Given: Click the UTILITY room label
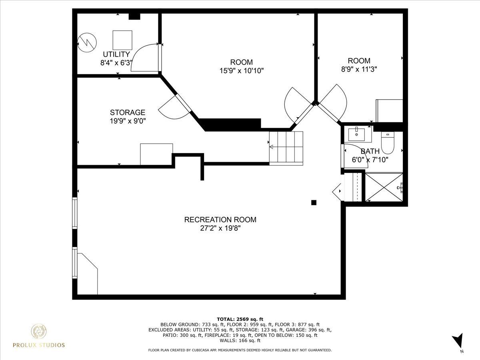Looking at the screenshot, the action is (x=116, y=54).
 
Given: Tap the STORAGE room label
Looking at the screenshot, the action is (x=128, y=112).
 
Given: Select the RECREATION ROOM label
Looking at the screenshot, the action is (x=220, y=220).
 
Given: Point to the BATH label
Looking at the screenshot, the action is (x=370, y=151).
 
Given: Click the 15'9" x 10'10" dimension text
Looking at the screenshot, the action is (x=242, y=71).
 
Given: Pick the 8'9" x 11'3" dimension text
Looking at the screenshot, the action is (x=359, y=70).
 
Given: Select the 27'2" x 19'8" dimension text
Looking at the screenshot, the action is (x=220, y=228).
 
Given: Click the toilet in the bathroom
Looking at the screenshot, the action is (x=388, y=142).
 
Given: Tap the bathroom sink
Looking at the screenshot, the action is (x=356, y=134).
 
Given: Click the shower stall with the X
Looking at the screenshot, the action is (x=384, y=187).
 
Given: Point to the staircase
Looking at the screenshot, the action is (x=286, y=148).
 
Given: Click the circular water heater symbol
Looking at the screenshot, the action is (x=87, y=43).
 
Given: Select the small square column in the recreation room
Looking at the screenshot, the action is (x=314, y=203).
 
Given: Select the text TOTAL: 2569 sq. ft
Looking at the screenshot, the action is (x=240, y=319).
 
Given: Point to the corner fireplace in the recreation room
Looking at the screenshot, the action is (x=88, y=274).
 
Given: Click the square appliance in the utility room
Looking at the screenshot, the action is (x=122, y=40).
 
